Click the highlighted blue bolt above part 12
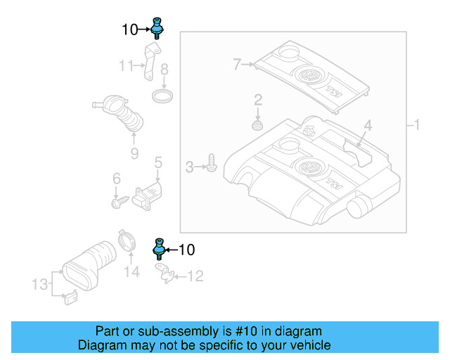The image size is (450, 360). pyautogui.click(x=159, y=249)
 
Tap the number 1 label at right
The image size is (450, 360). pyautogui.click(x=416, y=126)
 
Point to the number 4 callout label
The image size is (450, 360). pyautogui.click(x=367, y=127)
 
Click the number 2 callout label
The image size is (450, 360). pyautogui.click(x=258, y=99)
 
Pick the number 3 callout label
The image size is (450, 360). pyautogui.click(x=189, y=167)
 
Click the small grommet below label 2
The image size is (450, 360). pyautogui.click(x=258, y=126)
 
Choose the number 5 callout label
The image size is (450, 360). pyautogui.click(x=158, y=163)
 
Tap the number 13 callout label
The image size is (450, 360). pyautogui.click(x=41, y=284)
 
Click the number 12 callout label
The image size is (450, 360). pyautogui.click(x=194, y=277)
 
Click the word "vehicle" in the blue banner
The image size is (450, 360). pyautogui.click(x=308, y=345)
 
